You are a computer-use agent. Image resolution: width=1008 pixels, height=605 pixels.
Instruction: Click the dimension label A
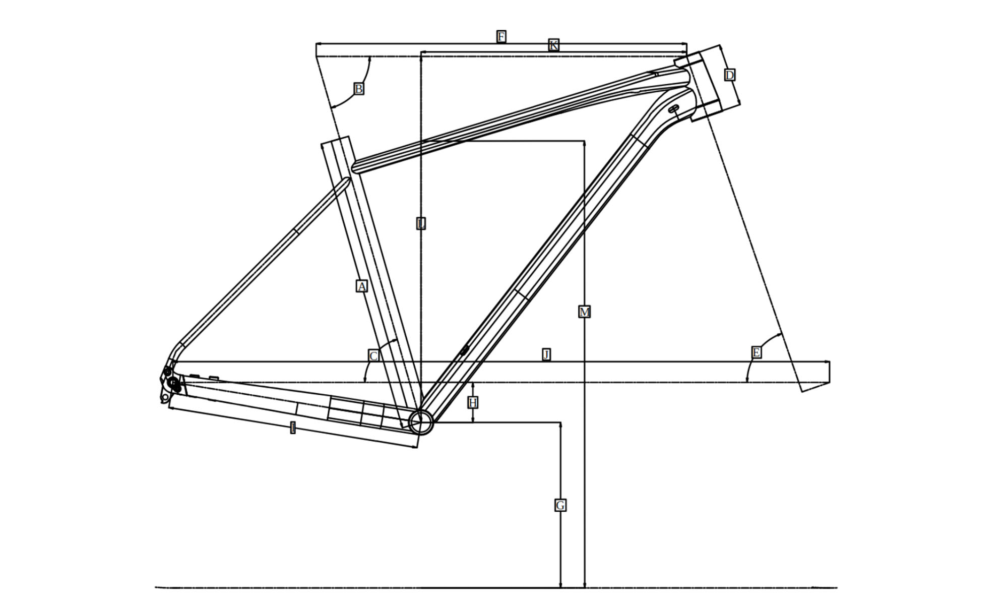click(x=361, y=286)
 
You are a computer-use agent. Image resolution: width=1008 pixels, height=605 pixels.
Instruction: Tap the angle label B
click(x=358, y=89)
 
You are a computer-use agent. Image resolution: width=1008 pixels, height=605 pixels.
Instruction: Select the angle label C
click(x=373, y=356)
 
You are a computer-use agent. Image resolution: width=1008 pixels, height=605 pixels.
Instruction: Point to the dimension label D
click(x=729, y=75)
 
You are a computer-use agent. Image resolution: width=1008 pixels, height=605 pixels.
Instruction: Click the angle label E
click(x=756, y=352)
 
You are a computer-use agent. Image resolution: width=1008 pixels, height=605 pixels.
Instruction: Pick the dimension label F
click(x=501, y=37)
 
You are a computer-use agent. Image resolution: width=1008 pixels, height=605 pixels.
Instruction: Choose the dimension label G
click(x=560, y=505)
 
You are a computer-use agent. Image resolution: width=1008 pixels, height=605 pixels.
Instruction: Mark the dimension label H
click(x=472, y=403)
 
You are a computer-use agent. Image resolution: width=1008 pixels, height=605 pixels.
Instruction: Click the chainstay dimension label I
click(x=293, y=429)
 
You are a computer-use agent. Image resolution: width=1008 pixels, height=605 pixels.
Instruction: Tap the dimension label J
click(x=546, y=354)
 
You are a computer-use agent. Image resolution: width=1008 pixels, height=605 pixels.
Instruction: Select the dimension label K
click(x=553, y=45)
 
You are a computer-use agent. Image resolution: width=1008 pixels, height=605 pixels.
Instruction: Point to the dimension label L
click(x=421, y=223)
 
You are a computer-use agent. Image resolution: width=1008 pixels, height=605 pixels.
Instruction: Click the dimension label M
click(x=584, y=312)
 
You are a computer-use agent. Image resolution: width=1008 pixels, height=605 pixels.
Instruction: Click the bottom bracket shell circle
click(x=421, y=421)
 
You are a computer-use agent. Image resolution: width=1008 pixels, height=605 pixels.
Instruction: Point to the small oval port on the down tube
click(x=465, y=349)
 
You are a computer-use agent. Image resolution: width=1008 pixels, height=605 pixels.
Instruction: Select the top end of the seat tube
click(x=336, y=141)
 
